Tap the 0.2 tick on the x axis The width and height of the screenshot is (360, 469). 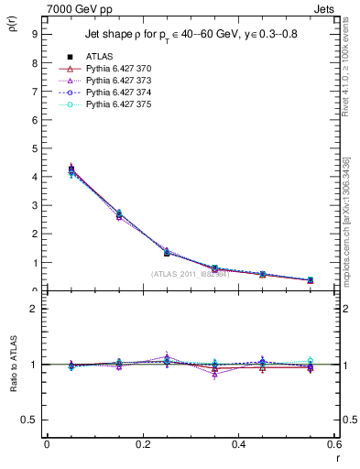click(143, 444)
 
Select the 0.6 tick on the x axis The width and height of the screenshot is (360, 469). click(334, 444)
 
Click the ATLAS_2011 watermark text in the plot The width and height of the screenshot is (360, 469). click(191, 273)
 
